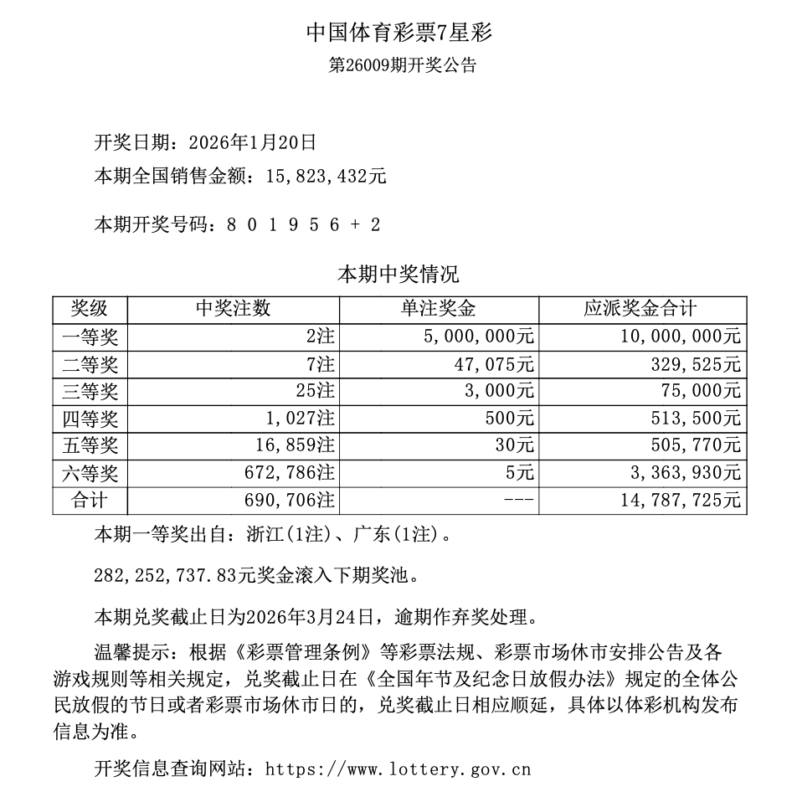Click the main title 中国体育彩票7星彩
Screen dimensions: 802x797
(x=398, y=33)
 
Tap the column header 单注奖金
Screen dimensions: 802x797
(x=439, y=309)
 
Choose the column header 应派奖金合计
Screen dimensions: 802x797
(x=640, y=309)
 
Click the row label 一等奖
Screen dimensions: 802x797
(x=90, y=337)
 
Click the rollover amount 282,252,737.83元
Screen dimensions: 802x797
(x=189, y=576)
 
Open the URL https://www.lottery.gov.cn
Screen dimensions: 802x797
(x=398, y=769)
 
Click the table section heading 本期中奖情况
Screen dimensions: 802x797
(x=398, y=275)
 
